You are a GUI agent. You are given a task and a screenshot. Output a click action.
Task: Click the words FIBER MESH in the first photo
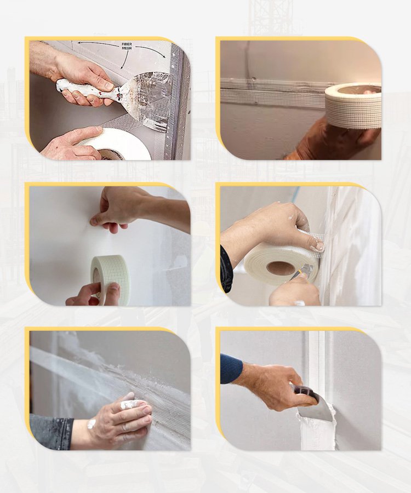click(x=127, y=46)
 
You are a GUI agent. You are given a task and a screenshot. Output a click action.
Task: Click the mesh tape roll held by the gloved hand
click(x=353, y=105)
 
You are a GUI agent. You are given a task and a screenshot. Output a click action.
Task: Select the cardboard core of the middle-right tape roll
click(x=281, y=269)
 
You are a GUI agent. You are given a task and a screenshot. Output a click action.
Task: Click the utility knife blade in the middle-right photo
click(x=307, y=269)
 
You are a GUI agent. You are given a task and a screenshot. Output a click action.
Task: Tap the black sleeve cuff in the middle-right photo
click(x=226, y=270)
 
